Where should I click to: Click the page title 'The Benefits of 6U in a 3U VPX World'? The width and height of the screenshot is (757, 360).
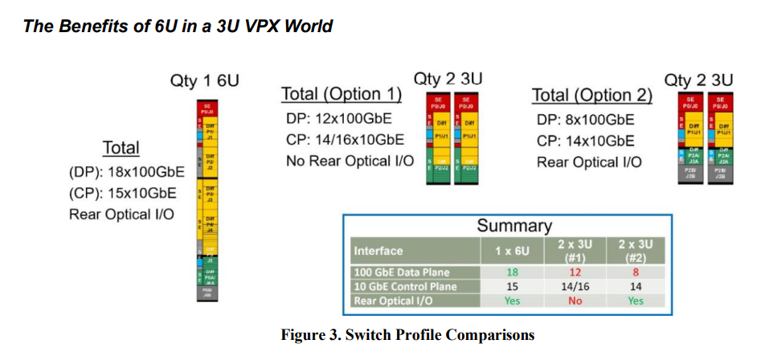click(178, 26)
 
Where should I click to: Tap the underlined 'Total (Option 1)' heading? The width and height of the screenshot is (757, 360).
click(342, 95)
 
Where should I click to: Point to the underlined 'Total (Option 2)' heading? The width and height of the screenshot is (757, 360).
click(592, 96)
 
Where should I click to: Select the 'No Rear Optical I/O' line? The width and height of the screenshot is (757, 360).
click(350, 161)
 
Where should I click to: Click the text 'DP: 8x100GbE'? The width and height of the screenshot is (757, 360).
click(585, 120)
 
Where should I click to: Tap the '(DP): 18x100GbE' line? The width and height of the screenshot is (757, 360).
click(126, 171)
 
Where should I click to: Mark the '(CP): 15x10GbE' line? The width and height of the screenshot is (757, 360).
click(121, 193)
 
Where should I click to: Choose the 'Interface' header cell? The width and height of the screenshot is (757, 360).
click(378, 251)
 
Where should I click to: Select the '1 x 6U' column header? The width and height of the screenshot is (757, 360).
click(512, 251)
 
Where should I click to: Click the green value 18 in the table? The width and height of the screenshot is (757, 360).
click(512, 272)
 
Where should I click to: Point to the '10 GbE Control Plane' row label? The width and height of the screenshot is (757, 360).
click(405, 286)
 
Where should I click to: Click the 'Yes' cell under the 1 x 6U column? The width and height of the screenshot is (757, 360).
click(512, 301)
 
